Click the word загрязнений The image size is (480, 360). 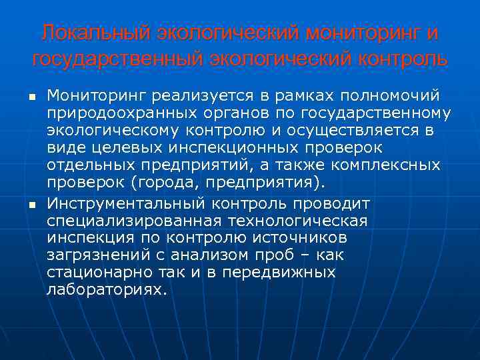[x=92, y=255]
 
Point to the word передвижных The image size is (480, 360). [x=294, y=273]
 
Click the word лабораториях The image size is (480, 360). [x=104, y=290]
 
